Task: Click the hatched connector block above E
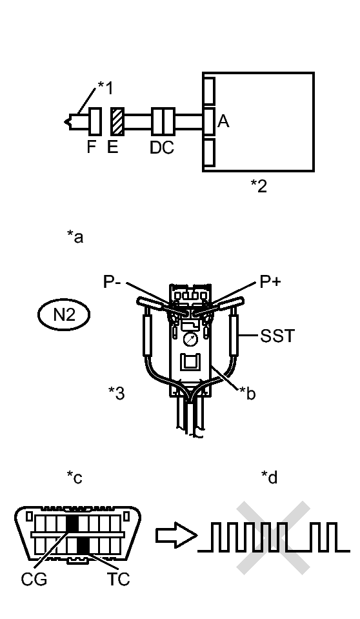point(117,121)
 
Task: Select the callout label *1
point(105,88)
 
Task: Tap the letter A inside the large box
point(223,121)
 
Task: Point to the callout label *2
point(259,185)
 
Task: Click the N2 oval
point(64,314)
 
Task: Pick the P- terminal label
point(112,282)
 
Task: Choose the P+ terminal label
point(270,281)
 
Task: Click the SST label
point(277,336)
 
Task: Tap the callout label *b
point(248,393)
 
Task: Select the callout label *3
point(117,393)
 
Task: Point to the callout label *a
point(75,237)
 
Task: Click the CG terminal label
point(34,579)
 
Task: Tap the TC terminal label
point(119,579)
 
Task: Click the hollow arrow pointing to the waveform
point(176,535)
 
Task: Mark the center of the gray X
point(273,537)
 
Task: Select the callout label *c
point(75,477)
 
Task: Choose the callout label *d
point(270,477)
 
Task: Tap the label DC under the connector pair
point(162,148)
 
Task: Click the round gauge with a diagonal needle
point(191,339)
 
